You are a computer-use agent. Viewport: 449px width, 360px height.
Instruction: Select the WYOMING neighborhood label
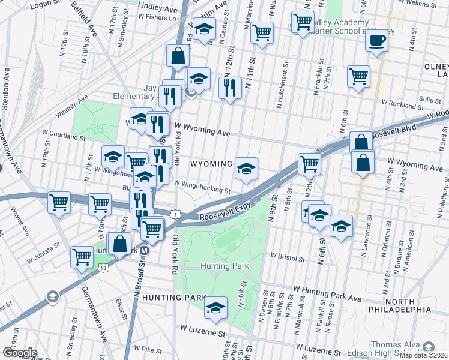coord(211,164)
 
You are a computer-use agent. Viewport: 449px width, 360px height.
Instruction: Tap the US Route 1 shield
coord(174,214)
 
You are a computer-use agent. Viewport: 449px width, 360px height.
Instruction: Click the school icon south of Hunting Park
coord(215,307)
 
